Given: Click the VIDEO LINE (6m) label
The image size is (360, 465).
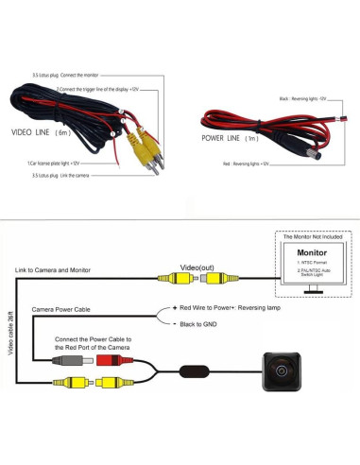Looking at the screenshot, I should [x=40, y=134].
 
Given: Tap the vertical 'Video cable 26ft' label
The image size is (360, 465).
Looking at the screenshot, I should [x=9, y=340].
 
